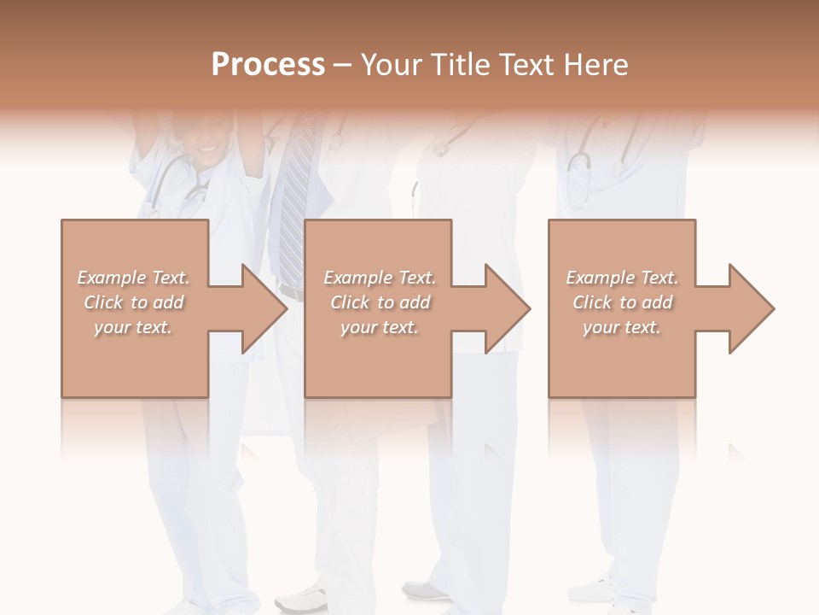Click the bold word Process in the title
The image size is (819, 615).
coord(268,65)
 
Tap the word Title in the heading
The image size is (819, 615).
coord(460,65)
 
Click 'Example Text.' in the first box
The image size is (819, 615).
coord(133,278)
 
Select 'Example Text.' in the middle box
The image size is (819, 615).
coord(379,278)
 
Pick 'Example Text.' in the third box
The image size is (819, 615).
coord(622,278)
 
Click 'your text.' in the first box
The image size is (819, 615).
coord(133,327)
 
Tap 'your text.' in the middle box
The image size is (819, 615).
coord(379,327)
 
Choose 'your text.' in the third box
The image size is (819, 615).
coord(622,327)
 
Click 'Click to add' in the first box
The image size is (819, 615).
coord(133,302)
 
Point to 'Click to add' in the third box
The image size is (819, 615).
coord(622,302)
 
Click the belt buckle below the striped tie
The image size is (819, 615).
coord(291,293)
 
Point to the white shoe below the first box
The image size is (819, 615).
coord(303,598)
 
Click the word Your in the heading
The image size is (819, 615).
coord(391,65)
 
